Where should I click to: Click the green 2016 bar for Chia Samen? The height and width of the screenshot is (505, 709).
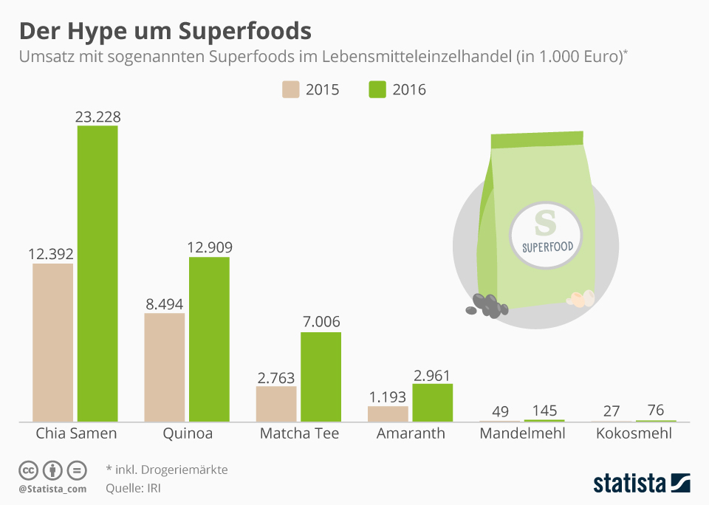tap(97, 273)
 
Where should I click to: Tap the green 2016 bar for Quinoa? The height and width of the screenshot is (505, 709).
tap(209, 339)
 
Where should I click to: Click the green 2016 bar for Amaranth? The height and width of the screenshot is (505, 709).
tap(432, 402)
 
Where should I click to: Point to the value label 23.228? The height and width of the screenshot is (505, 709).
tap(97, 117)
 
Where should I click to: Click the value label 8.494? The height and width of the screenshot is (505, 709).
tap(164, 304)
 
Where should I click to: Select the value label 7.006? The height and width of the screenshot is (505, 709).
tap(321, 323)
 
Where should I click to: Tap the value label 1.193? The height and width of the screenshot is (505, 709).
tap(388, 396)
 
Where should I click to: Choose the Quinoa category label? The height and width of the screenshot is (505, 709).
tap(187, 433)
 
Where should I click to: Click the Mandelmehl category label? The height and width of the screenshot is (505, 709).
tap(522, 433)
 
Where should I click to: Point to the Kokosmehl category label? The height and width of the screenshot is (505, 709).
tap(634, 433)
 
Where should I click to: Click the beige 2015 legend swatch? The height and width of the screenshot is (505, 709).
tap(290, 90)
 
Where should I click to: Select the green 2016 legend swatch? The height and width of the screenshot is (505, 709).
tap(377, 90)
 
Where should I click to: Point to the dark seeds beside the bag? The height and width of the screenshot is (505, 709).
tap(488, 306)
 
